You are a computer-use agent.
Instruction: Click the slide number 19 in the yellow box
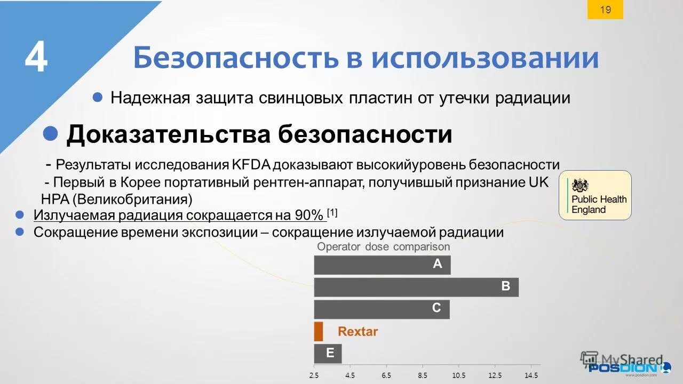coord(605,10)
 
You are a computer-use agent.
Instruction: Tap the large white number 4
coord(36,58)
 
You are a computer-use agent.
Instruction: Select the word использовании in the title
coord(485,58)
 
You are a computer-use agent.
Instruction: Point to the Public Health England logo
coord(595,195)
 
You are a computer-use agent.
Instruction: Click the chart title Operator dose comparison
coord(383,247)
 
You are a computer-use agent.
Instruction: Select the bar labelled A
coord(382,265)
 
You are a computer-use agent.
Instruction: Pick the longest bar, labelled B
coord(416,287)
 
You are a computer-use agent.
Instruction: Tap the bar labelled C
coord(382,309)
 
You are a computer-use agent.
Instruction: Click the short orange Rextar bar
coord(319,331)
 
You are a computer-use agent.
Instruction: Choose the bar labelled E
coord(328,354)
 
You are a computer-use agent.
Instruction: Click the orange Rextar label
coord(358,332)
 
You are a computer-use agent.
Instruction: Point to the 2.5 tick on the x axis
coord(314,375)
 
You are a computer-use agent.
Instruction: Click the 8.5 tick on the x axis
coord(423,375)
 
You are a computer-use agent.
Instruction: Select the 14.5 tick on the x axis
coord(531,375)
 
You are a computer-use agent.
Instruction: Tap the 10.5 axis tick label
coord(458,375)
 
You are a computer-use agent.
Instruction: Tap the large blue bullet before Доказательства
coord(51,133)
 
